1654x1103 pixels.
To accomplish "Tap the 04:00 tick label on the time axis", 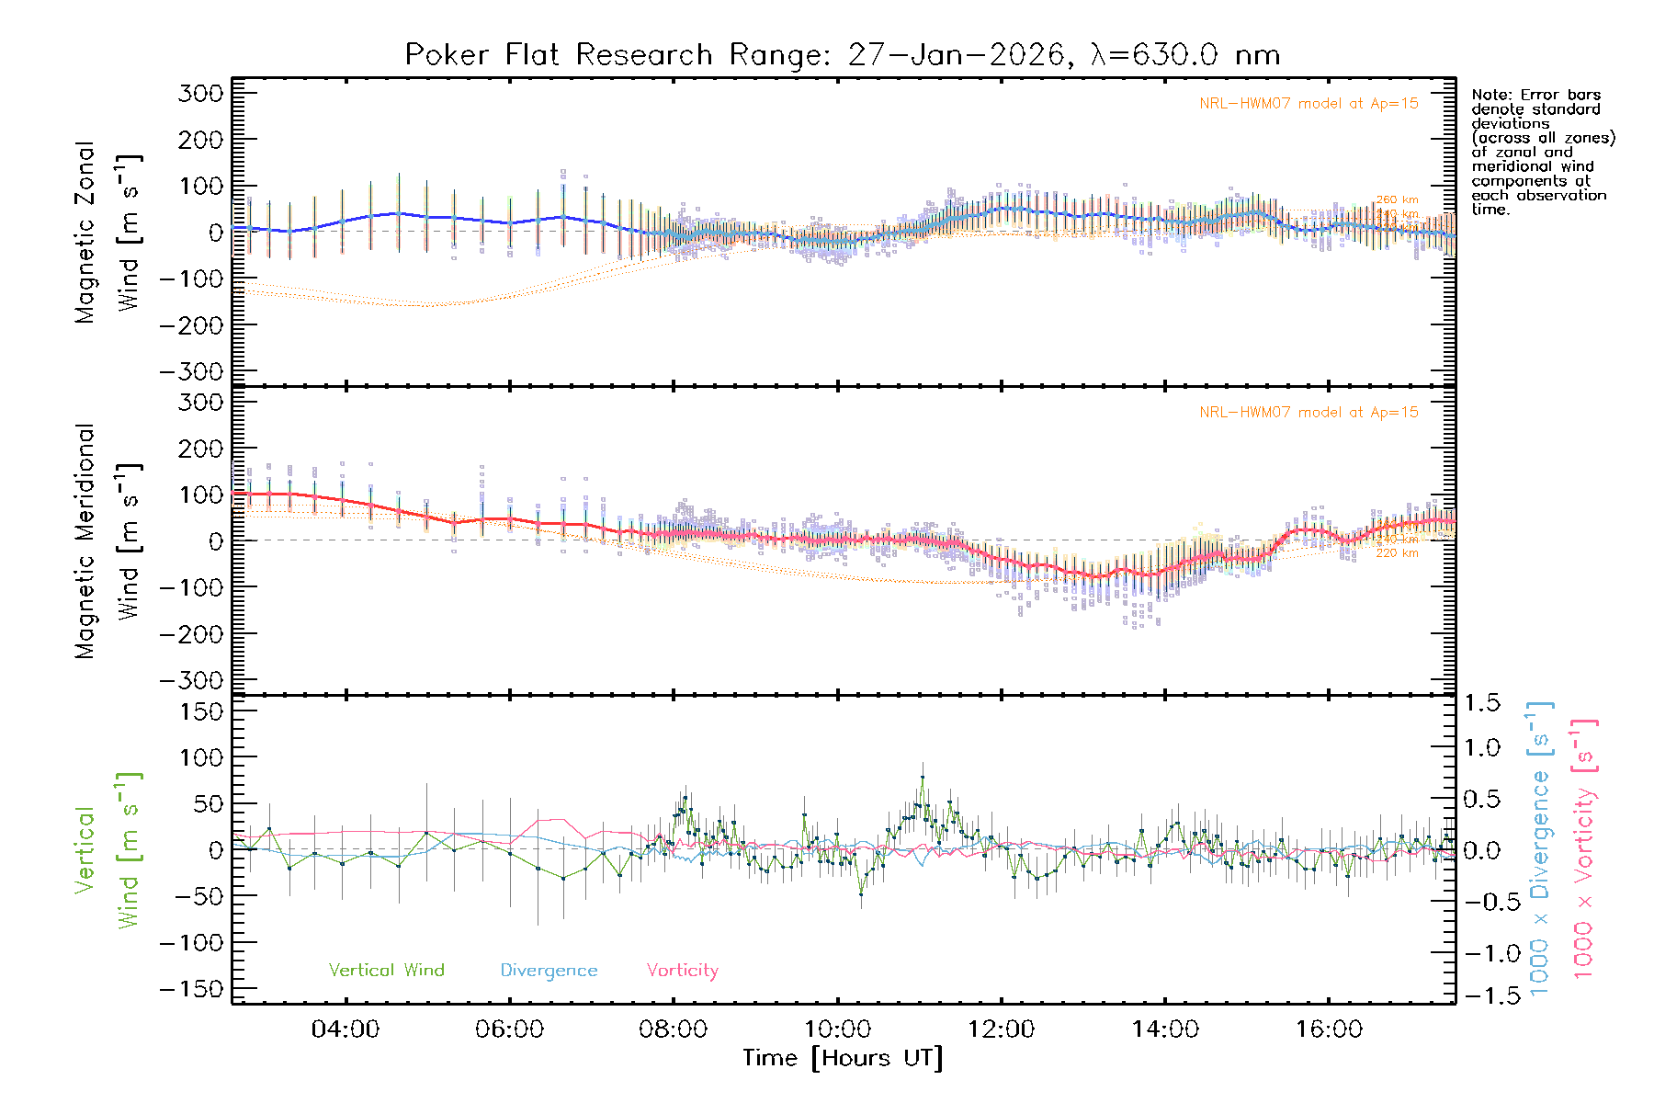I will (346, 1029).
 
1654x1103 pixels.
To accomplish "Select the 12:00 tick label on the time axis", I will (1001, 1029).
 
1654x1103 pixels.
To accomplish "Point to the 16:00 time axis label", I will (1329, 1029).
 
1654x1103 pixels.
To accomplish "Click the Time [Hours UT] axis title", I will (843, 1058).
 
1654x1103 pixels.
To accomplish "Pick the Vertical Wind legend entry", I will (386, 971).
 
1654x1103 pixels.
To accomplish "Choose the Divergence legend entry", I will (549, 971).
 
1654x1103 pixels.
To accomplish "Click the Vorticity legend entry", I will (682, 971).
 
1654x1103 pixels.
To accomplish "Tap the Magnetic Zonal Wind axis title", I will (108, 233).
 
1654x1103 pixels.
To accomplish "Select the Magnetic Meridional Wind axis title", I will (108, 541).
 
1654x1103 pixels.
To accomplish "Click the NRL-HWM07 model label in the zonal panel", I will (1308, 104).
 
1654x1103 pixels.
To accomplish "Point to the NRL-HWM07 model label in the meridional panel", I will (1308, 413).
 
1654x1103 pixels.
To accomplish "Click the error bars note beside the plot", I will (1543, 152).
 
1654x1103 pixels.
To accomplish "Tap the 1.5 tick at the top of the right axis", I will (1482, 703).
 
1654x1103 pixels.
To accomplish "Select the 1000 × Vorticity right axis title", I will (1583, 849).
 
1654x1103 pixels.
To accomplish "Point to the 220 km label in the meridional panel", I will (1397, 553).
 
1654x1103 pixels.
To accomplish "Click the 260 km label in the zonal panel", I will (1397, 199).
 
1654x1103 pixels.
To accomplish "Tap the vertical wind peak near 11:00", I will (922, 778).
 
